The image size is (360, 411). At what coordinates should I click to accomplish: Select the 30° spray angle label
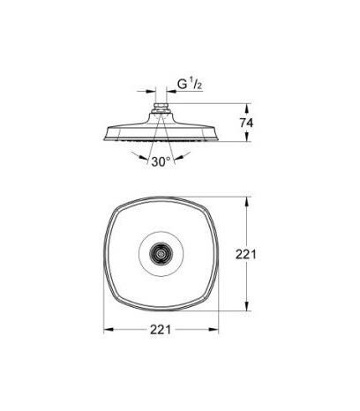159,162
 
